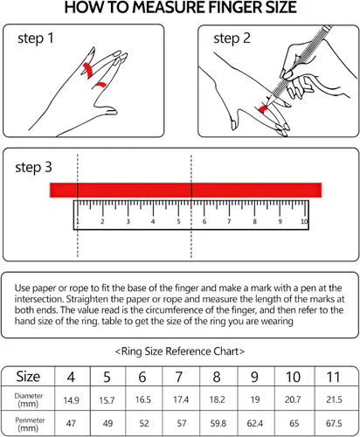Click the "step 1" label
pyautogui.click(x=36, y=38)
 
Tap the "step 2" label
pyautogui.click(x=232, y=38)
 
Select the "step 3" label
pyautogui.click(x=33, y=168)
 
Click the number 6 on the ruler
pyautogui.click(x=204, y=221)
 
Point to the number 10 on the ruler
pyautogui.click(x=304, y=221)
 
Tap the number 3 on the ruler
pyautogui.click(x=128, y=221)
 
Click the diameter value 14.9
pyautogui.click(x=72, y=400)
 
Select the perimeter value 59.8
pyautogui.click(x=218, y=423)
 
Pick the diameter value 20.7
pyautogui.click(x=293, y=399)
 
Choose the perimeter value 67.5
pyautogui.click(x=334, y=423)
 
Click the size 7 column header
pyautogui.click(x=179, y=377)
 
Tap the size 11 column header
pyautogui.click(x=333, y=377)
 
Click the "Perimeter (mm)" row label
pyautogui.click(x=30, y=424)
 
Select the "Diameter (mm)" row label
pyautogui.click(x=29, y=399)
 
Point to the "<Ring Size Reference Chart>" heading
pyautogui.click(x=180, y=351)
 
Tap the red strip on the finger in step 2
pyautogui.click(x=263, y=108)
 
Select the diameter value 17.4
pyautogui.click(x=181, y=399)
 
